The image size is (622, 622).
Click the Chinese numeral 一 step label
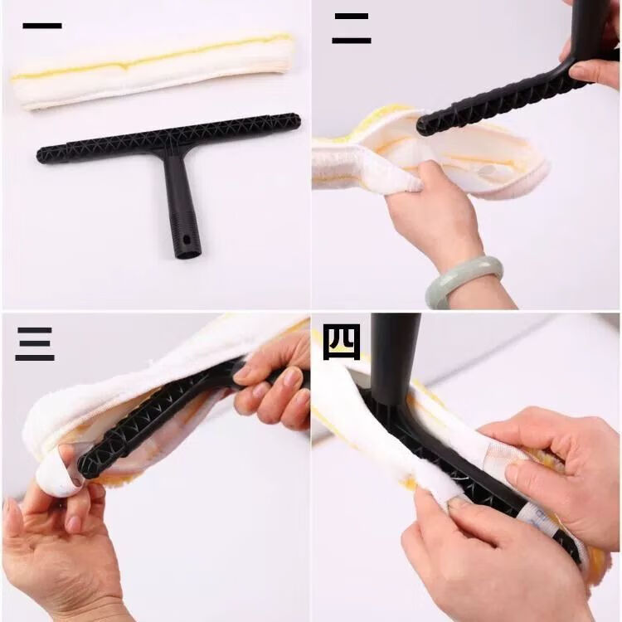[42, 26]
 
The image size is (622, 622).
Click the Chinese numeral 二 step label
[352, 28]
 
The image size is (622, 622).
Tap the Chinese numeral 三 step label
[35, 344]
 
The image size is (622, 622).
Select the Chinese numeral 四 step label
[342, 342]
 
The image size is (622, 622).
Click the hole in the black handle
[185, 241]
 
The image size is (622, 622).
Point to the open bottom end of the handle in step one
[188, 254]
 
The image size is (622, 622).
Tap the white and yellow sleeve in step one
[153, 71]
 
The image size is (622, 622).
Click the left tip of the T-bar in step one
[39, 156]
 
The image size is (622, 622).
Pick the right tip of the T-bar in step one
[298, 119]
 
